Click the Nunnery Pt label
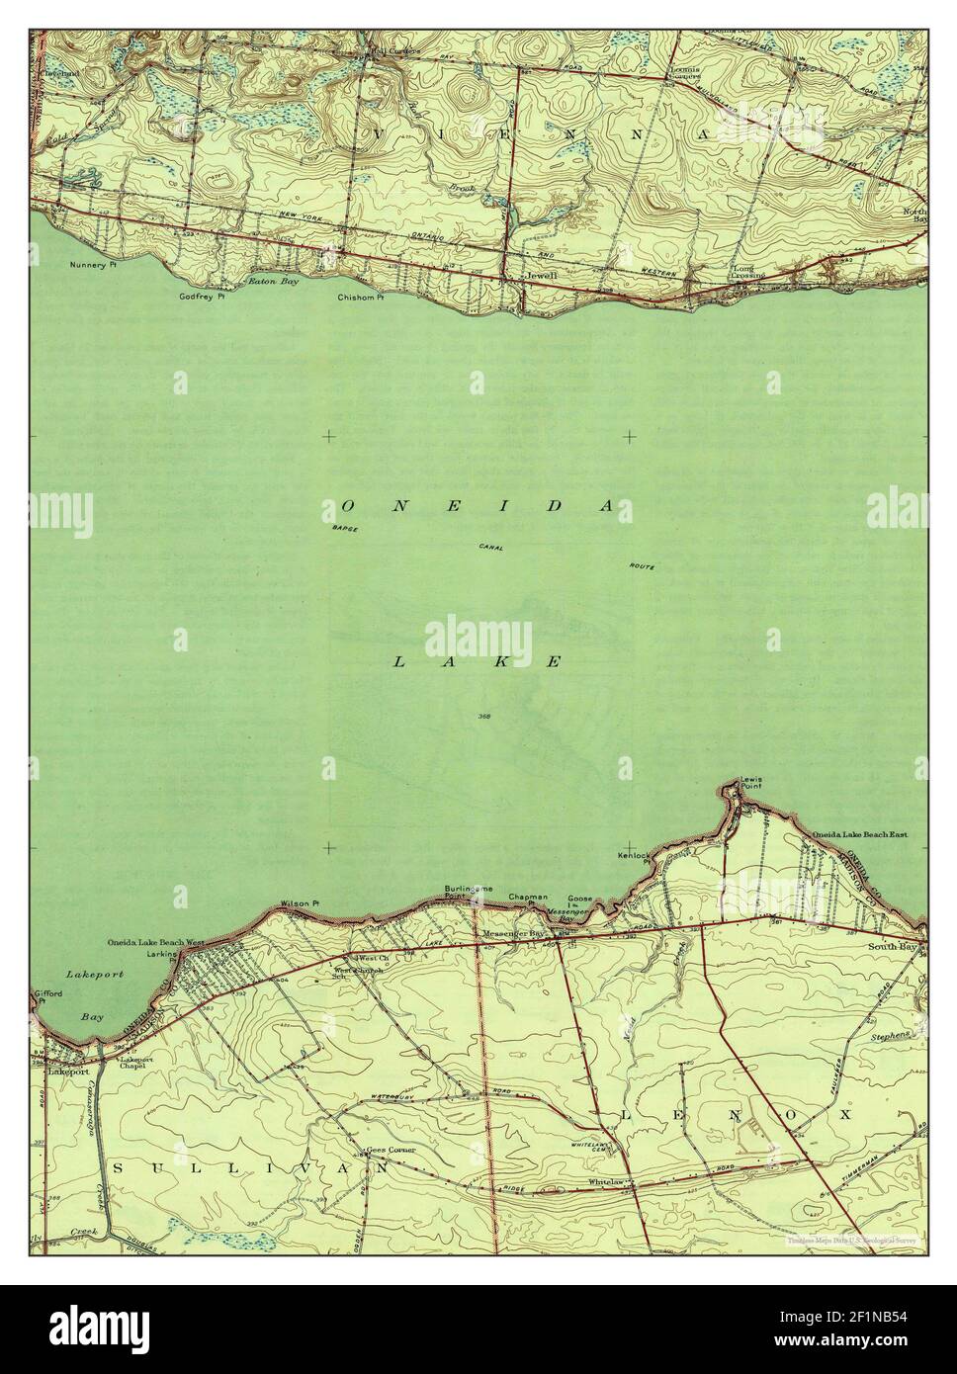coord(94,265)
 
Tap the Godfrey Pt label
coord(202,296)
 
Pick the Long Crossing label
coord(748,272)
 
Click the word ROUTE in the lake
coord(641,566)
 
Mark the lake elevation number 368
coord(483,716)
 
